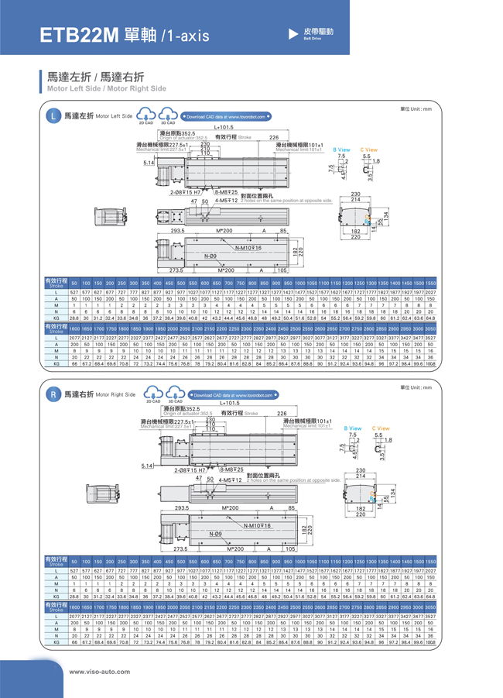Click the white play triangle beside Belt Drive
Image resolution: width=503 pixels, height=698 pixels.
pyautogui.click(x=293, y=34)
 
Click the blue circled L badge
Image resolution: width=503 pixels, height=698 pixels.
pyautogui.click(x=53, y=117)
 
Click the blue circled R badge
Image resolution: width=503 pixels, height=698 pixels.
pyautogui.click(x=53, y=395)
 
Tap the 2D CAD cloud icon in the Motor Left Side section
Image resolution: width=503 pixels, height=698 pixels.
pyautogui.click(x=145, y=115)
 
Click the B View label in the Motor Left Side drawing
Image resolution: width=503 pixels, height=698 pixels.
pyautogui.click(x=341, y=149)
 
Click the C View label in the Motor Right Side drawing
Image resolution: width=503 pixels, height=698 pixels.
pyautogui.click(x=380, y=428)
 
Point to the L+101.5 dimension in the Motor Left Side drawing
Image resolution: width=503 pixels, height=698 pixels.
pyautogui.click(x=224, y=126)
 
